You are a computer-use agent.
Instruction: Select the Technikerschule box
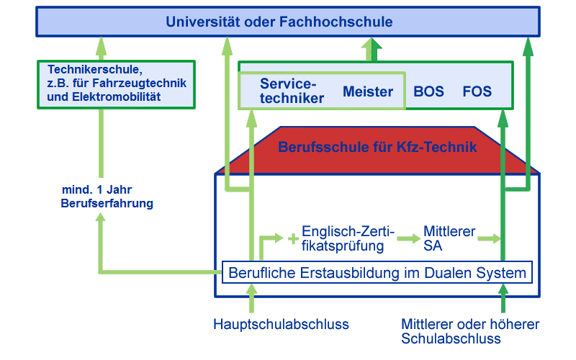116,84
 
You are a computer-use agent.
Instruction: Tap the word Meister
368,91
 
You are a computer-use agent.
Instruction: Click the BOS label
429,91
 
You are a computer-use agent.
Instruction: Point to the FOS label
477,91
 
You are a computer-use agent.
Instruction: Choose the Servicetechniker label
292,91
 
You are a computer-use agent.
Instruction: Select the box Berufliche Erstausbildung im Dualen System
377,274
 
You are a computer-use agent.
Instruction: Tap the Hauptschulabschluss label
281,324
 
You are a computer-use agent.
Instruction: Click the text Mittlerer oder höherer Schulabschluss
470,331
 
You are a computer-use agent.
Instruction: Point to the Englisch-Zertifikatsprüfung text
348,238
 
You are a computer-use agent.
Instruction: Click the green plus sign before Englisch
293,239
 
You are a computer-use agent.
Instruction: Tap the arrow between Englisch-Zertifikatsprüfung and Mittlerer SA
408,238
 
